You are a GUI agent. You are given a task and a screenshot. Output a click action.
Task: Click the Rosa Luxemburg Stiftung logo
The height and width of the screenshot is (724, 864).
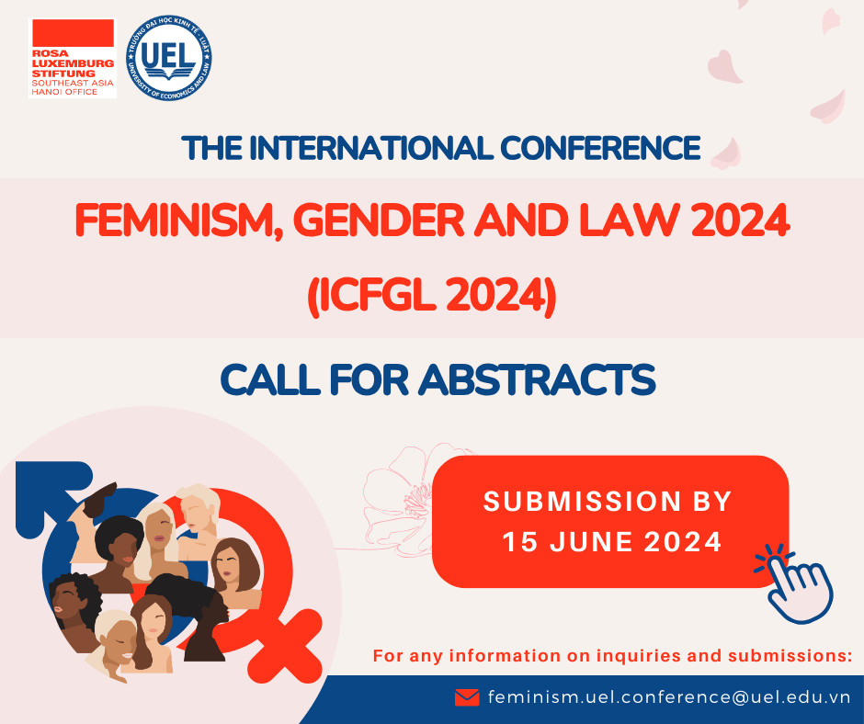click(73, 58)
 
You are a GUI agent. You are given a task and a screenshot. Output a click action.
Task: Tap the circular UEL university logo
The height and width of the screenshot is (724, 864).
click(169, 58)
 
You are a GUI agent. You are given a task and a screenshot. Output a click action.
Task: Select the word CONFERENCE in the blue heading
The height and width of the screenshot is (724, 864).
click(600, 148)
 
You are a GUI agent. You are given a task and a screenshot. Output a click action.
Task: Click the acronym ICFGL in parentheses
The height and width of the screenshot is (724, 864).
click(375, 296)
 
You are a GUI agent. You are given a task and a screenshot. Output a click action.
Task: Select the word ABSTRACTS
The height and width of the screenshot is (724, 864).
click(537, 380)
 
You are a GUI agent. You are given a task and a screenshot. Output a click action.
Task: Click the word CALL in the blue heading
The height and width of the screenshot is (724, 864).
click(270, 380)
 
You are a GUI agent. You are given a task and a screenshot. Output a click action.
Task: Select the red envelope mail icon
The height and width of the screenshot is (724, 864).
click(467, 697)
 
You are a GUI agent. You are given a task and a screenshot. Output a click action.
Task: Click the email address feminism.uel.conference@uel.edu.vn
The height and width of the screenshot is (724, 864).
click(669, 697)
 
